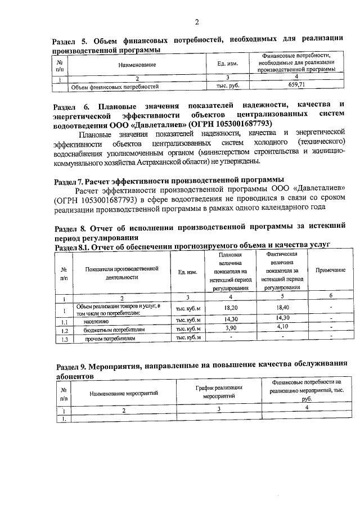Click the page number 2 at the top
(x=197, y=22)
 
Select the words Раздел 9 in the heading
(x=71, y=363)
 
